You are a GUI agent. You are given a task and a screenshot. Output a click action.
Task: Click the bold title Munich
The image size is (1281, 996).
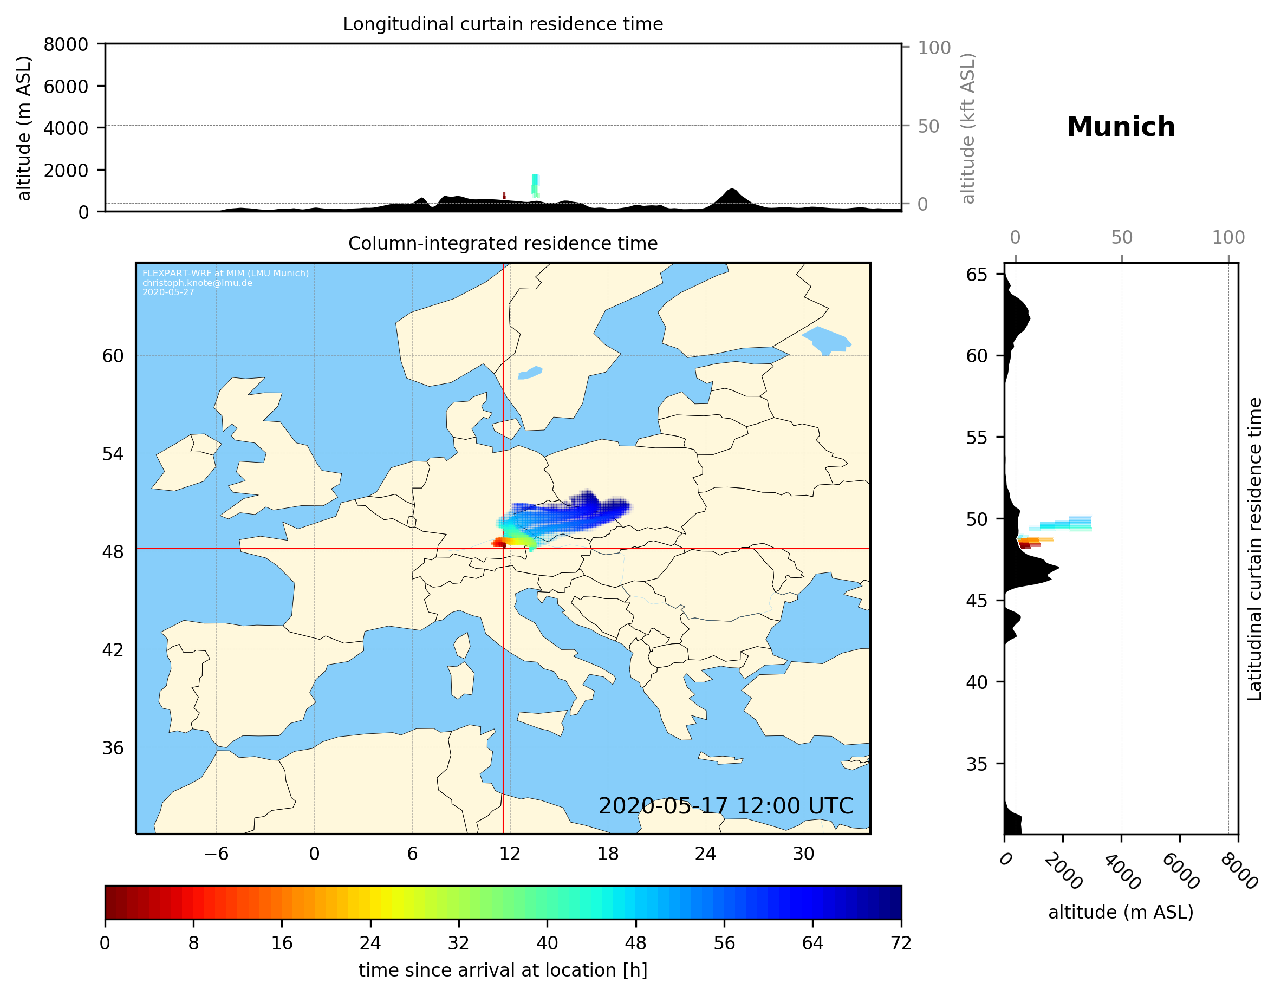(1120, 127)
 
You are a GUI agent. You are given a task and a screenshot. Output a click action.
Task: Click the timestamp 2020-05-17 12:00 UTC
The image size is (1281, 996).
(726, 806)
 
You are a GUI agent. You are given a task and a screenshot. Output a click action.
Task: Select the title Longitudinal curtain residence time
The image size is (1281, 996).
(503, 24)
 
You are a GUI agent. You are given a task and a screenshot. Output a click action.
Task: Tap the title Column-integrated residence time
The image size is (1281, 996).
(503, 243)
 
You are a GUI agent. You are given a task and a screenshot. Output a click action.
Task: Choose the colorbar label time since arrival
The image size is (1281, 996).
(503, 970)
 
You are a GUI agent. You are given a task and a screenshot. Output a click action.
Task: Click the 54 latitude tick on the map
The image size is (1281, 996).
(113, 454)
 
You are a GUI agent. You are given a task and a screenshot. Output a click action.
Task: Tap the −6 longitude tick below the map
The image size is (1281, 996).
(216, 854)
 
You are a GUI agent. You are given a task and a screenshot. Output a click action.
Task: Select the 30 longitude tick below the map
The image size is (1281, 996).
(803, 854)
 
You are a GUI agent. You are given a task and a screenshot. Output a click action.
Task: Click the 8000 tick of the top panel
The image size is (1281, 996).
(66, 44)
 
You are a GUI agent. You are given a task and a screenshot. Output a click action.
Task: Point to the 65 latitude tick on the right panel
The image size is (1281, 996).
(977, 275)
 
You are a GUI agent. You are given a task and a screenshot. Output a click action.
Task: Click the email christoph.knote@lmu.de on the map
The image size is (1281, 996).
(197, 283)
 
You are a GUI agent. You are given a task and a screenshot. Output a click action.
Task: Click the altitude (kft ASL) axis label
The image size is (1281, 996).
(968, 128)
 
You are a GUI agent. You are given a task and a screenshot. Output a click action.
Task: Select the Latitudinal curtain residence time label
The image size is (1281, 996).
(1254, 549)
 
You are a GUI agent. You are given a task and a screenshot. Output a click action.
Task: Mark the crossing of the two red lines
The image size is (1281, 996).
(503, 549)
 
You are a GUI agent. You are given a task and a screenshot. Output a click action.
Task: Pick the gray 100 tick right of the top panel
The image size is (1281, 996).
(934, 48)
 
